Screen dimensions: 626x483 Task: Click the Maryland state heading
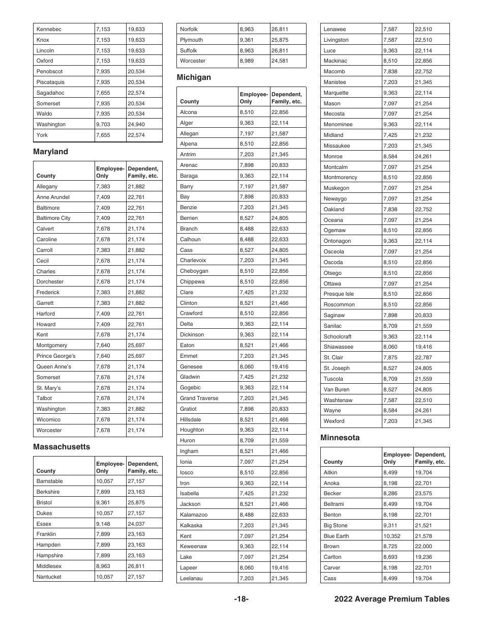coord(50,152)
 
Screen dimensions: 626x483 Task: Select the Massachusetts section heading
coord(62,447)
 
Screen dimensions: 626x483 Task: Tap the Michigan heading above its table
coord(194,77)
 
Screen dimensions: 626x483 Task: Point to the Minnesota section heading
coord(340,438)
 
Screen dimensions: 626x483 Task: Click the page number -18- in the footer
coord(242,599)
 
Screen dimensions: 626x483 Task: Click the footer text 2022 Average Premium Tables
coord(392,599)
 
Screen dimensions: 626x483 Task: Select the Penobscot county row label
coord(49,72)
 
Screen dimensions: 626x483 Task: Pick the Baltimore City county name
coord(53,218)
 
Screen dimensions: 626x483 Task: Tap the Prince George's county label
coord(55,356)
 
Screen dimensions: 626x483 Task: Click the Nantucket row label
coord(49,577)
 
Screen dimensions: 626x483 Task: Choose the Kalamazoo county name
coord(194,515)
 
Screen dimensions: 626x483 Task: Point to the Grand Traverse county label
coord(199,399)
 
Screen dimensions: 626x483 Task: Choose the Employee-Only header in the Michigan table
coord(253,98)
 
